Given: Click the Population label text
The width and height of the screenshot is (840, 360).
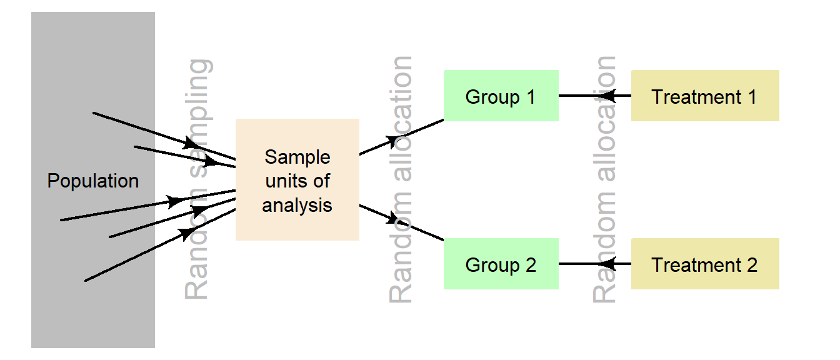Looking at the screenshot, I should pos(93,181).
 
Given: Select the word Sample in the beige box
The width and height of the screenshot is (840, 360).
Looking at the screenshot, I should pos(297,157).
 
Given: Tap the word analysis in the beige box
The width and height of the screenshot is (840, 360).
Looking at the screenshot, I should pos(297,205).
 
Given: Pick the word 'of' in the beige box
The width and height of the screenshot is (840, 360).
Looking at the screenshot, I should pos(321,181).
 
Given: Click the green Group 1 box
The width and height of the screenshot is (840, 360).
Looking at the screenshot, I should pos(501,96).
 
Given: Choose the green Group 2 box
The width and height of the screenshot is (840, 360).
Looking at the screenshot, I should pos(501,264).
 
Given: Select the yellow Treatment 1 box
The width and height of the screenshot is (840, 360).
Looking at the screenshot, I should pos(704,96).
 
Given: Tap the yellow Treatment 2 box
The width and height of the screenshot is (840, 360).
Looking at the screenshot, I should pos(704,264).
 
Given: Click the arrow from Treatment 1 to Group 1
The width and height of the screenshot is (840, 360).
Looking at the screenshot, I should pos(594,96).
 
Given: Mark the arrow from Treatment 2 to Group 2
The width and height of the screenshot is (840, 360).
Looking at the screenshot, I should pos(594,264).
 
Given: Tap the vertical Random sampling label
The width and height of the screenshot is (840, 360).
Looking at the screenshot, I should pos(199,179).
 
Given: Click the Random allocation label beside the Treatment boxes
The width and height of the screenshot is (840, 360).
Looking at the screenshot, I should pos(604,179).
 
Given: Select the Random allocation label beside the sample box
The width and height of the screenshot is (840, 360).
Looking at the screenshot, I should pos(401,179).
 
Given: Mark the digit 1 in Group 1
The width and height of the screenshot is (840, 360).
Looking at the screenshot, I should pos(531,97).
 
